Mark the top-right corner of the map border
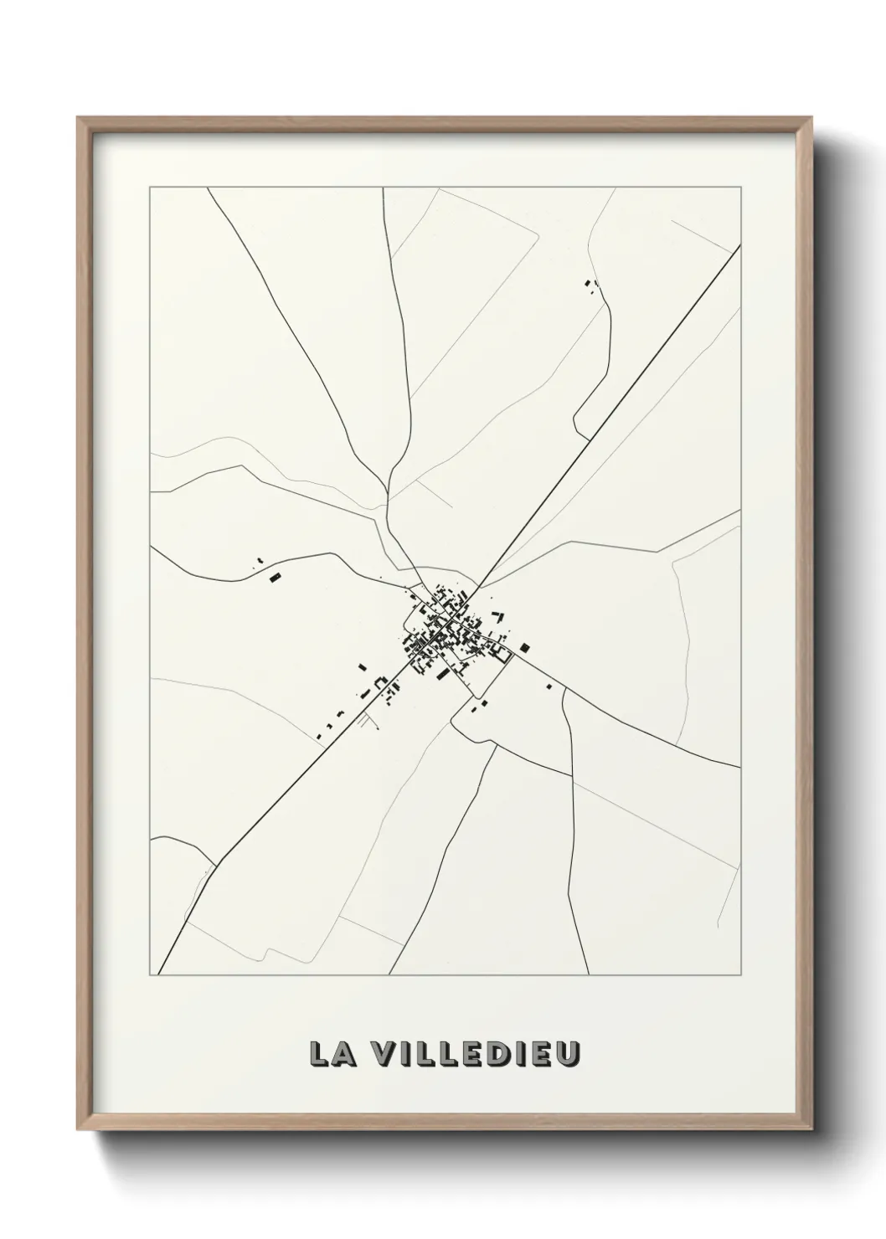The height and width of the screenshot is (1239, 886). coord(740,188)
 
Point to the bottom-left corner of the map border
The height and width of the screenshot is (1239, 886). coord(150,975)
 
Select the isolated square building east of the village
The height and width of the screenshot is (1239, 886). coord(525,646)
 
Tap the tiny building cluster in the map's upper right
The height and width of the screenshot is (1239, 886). coord(591,286)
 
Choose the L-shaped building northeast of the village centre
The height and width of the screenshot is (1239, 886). coord(499,617)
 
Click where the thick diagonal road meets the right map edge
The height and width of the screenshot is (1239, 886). coord(739,246)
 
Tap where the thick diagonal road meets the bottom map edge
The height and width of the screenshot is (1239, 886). coord(159,974)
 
